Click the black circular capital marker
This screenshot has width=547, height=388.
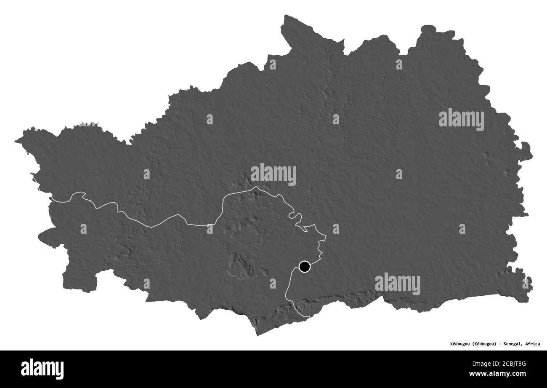[x=305, y=267]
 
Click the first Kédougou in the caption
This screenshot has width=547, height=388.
[x=457, y=344]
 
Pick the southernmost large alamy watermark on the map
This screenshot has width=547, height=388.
[x=397, y=284]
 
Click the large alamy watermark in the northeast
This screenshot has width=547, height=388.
[x=461, y=120]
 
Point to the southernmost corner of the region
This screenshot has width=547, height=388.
[x=258, y=335]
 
